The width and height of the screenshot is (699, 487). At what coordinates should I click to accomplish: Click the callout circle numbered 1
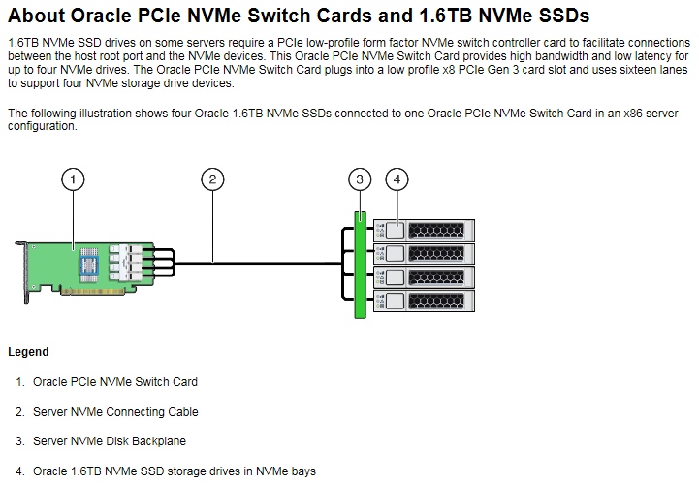click(72, 179)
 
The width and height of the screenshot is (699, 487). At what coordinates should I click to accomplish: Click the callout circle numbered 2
click(212, 179)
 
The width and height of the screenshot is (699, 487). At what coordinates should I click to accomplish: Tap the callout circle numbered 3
click(360, 179)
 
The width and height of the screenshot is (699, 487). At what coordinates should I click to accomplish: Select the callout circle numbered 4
click(397, 179)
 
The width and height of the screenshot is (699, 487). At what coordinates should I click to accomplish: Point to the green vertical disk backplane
click(361, 264)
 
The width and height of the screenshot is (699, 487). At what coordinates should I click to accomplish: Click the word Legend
click(28, 352)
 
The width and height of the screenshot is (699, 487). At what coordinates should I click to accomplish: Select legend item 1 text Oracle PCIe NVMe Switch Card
click(114, 382)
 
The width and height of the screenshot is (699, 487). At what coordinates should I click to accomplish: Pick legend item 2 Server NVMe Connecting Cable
click(114, 412)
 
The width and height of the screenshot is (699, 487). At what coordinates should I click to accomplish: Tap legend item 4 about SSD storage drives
click(174, 471)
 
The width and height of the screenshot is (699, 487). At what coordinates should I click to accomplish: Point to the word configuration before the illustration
click(42, 126)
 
